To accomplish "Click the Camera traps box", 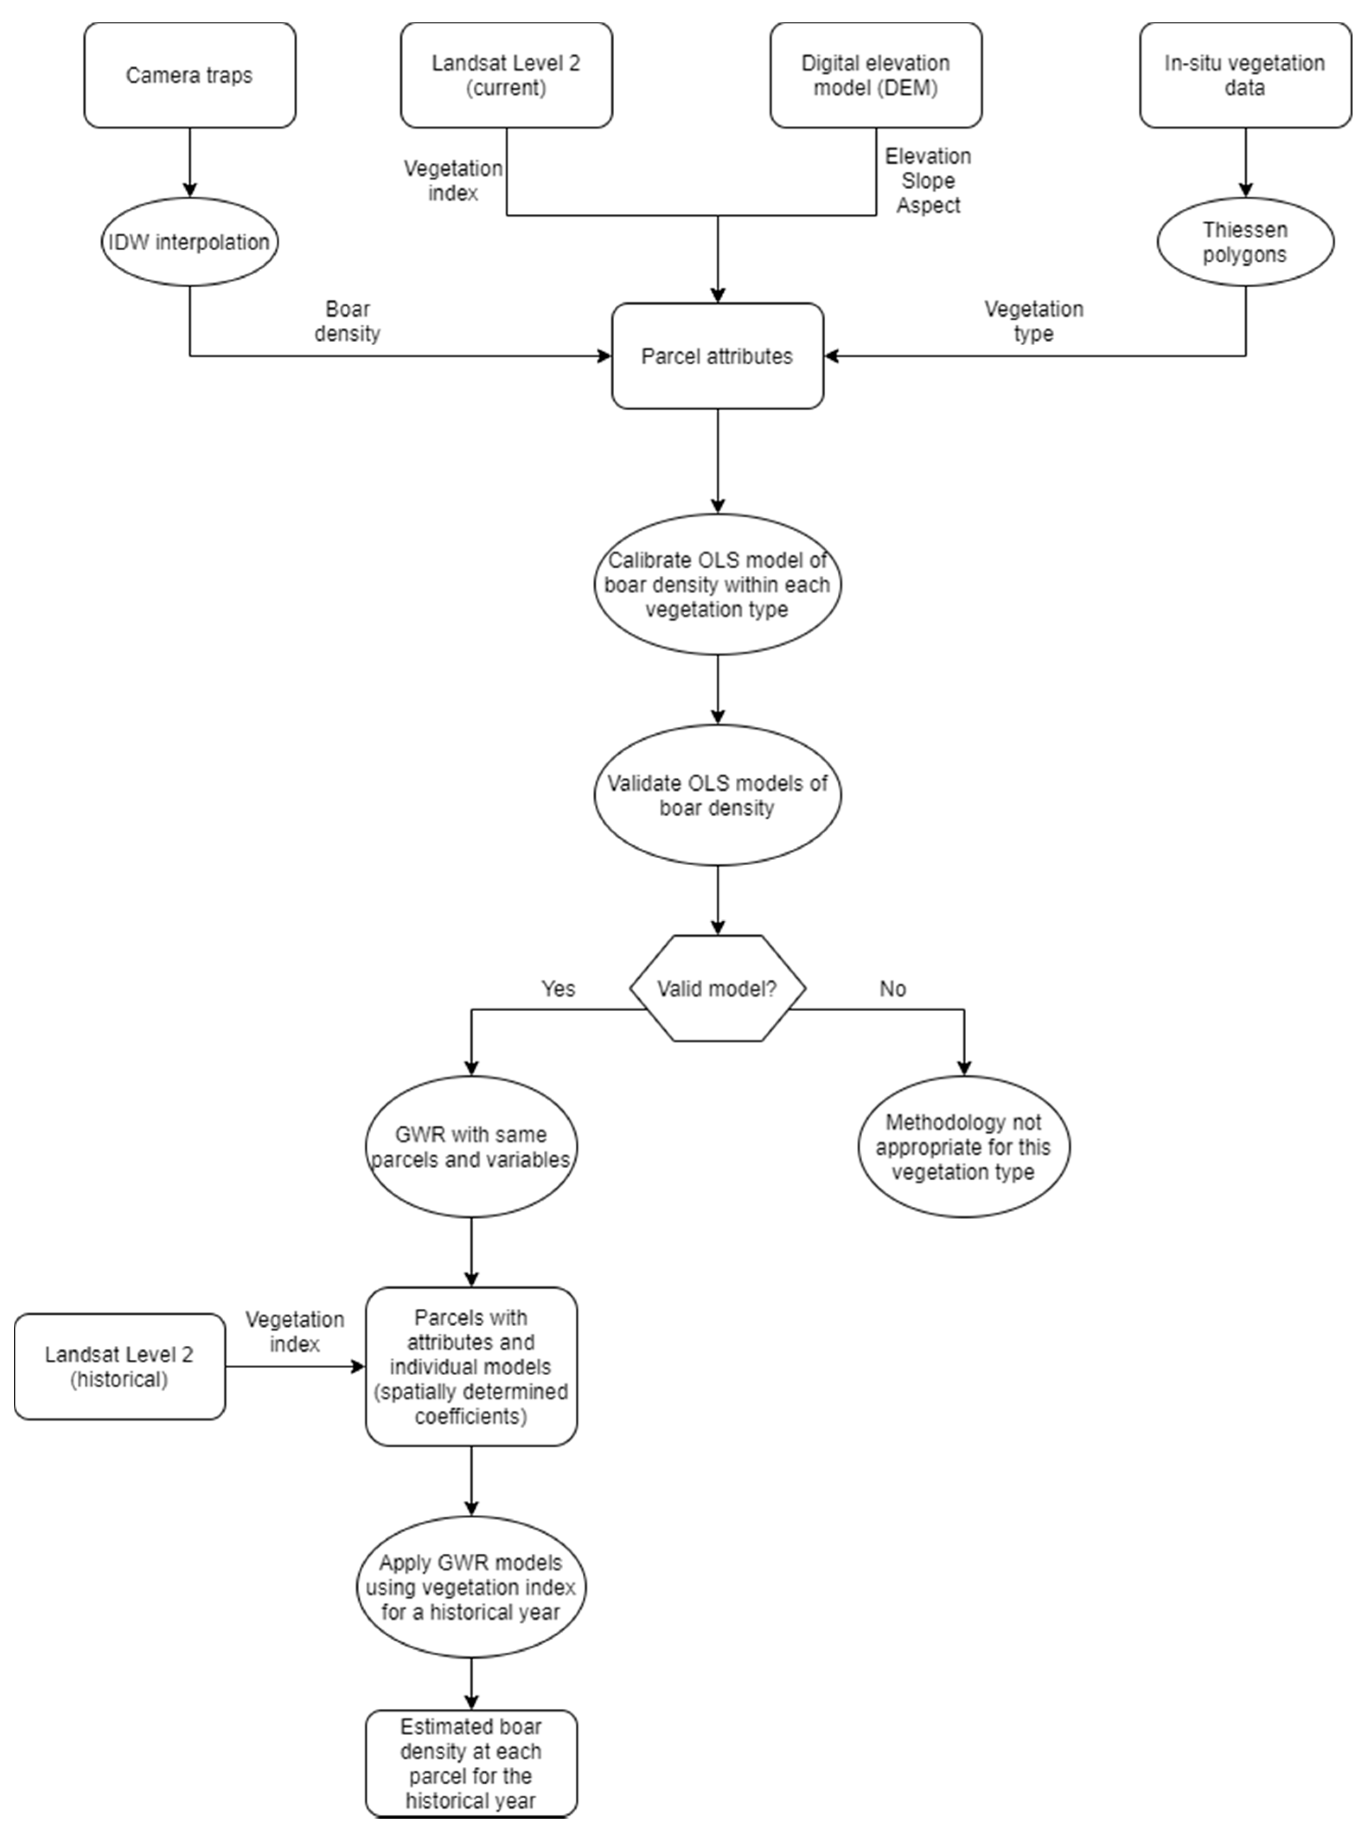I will click(190, 75).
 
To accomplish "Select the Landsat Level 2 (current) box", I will click(506, 75).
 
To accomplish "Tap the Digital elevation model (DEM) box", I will click(875, 75).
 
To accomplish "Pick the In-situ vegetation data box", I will click(1245, 75).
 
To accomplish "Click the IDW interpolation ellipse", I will click(190, 242).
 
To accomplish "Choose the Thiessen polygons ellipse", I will click(1245, 242).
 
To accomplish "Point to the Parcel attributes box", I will click(717, 356).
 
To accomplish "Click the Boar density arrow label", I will click(347, 322).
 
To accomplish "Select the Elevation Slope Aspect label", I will click(928, 181).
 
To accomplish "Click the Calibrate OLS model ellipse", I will click(717, 585).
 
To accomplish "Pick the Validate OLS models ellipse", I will click(717, 795).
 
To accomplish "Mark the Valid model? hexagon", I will click(717, 988).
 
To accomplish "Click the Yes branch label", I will click(557, 988).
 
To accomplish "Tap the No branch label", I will click(892, 988).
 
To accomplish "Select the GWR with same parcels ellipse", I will click(470, 1147).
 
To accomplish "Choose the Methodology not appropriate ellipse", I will click(963, 1147).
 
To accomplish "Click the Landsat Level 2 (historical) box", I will click(119, 1367).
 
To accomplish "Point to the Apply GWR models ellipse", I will click(470, 1588).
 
